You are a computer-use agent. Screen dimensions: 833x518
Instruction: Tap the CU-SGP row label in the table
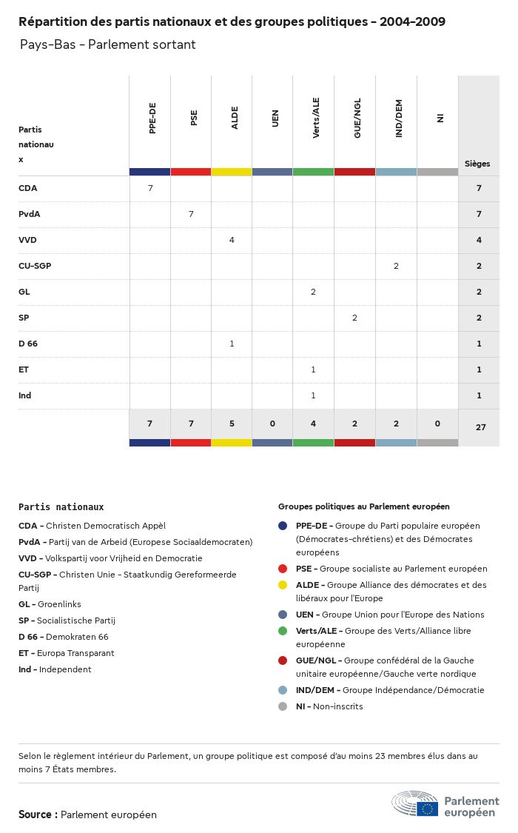(x=35, y=266)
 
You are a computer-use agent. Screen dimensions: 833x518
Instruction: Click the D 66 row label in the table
(x=28, y=344)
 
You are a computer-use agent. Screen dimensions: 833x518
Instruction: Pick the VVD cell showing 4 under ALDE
(x=232, y=240)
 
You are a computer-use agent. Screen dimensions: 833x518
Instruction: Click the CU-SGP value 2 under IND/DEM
(x=396, y=266)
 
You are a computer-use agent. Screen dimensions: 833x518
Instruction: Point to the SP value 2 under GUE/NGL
(x=354, y=318)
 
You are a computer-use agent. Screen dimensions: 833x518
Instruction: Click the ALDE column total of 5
(x=232, y=424)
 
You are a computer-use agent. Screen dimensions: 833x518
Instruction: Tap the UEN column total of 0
(x=272, y=424)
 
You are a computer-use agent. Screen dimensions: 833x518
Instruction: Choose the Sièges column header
(x=477, y=164)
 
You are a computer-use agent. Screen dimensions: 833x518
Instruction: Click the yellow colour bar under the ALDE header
(x=232, y=172)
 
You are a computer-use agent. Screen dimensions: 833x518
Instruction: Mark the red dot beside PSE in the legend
(x=283, y=569)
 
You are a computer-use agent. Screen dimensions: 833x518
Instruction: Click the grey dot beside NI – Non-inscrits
(x=283, y=706)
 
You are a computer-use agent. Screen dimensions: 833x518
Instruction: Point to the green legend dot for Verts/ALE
(x=283, y=631)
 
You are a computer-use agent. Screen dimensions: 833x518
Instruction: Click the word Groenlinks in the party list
(x=59, y=604)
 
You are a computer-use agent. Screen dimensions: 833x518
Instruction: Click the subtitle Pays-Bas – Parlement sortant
(x=108, y=44)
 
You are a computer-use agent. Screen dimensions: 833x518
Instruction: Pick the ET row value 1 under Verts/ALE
(x=313, y=369)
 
